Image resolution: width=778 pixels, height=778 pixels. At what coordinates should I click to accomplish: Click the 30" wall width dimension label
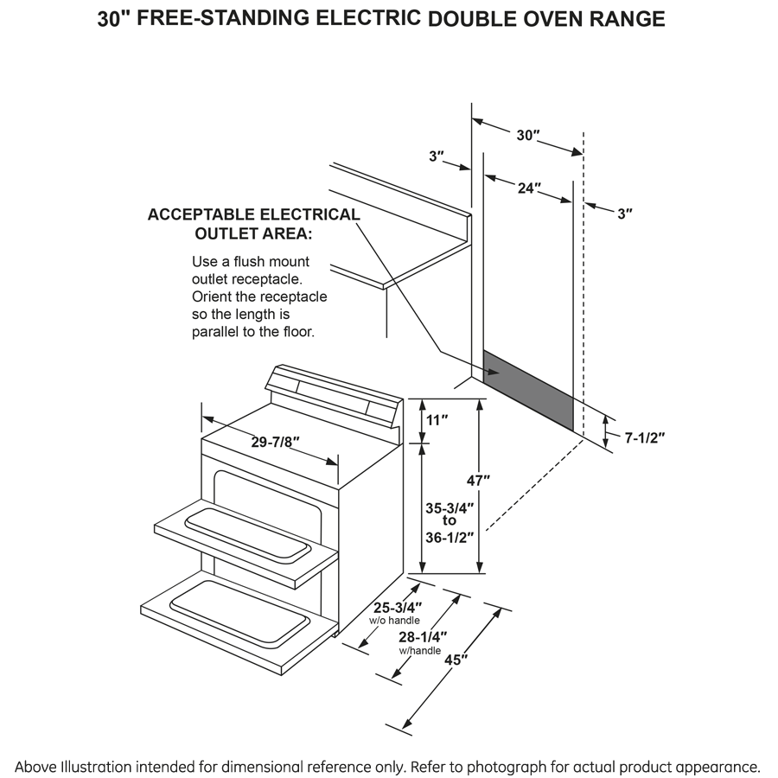(x=528, y=136)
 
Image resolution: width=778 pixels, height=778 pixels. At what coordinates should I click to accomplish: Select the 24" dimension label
(x=527, y=188)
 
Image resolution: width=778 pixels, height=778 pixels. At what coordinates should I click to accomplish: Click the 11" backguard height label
(x=437, y=420)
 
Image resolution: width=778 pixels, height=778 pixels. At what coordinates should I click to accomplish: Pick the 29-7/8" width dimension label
(x=275, y=442)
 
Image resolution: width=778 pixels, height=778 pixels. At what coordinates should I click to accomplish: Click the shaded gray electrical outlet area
(x=527, y=389)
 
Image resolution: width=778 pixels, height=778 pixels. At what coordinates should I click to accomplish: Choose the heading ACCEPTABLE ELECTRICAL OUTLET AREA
(x=252, y=224)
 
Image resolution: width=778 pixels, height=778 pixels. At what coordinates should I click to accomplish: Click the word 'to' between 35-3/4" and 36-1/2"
(x=449, y=520)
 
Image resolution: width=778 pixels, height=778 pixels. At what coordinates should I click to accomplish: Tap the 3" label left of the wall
(x=437, y=156)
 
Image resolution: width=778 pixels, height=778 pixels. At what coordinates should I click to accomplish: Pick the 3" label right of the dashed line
(x=625, y=213)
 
